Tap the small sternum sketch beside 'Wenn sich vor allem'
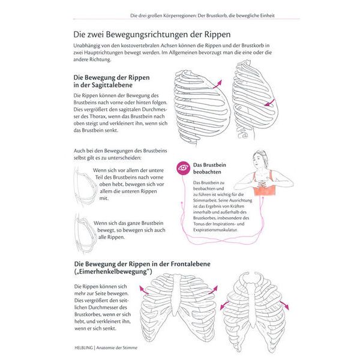click(82, 185)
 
